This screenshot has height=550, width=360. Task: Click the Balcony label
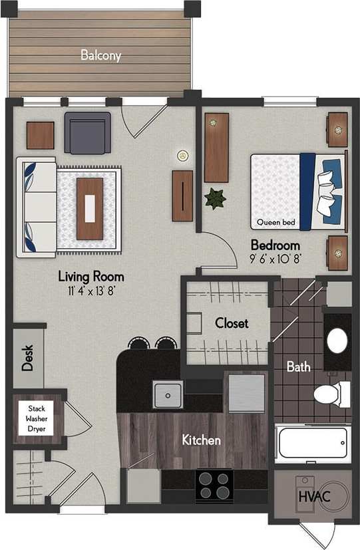point(100,55)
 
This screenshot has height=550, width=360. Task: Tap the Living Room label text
point(90,276)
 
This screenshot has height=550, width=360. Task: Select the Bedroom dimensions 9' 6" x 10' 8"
point(275,257)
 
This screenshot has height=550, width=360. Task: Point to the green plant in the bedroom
point(215,198)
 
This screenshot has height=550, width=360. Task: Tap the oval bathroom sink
point(337,341)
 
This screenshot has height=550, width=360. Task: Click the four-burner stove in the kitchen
point(214,485)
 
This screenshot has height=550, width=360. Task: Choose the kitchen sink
point(168,395)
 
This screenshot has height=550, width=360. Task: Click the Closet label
point(231,323)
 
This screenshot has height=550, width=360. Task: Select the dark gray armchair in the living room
point(87,132)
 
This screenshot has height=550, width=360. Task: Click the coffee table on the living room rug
point(90,209)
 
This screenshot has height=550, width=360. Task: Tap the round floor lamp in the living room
point(182,156)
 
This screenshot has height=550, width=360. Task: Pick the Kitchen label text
point(202,440)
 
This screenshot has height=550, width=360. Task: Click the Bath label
point(297,366)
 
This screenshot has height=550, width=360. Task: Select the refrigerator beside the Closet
point(246,392)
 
